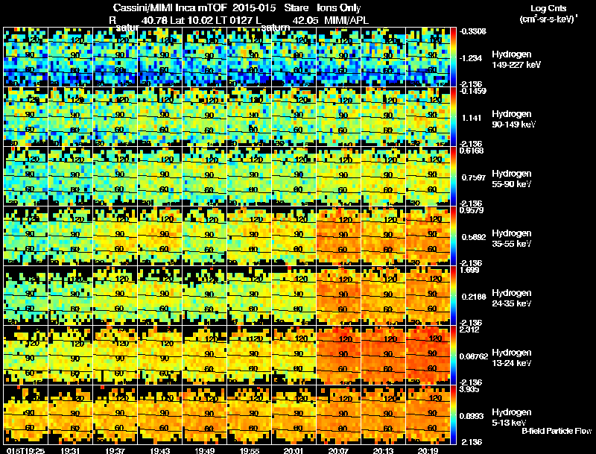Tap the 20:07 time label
(x=339, y=450)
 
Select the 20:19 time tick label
(x=428, y=450)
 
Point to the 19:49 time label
(x=205, y=450)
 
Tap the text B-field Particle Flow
(x=557, y=431)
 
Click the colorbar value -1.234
(x=475, y=57)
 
